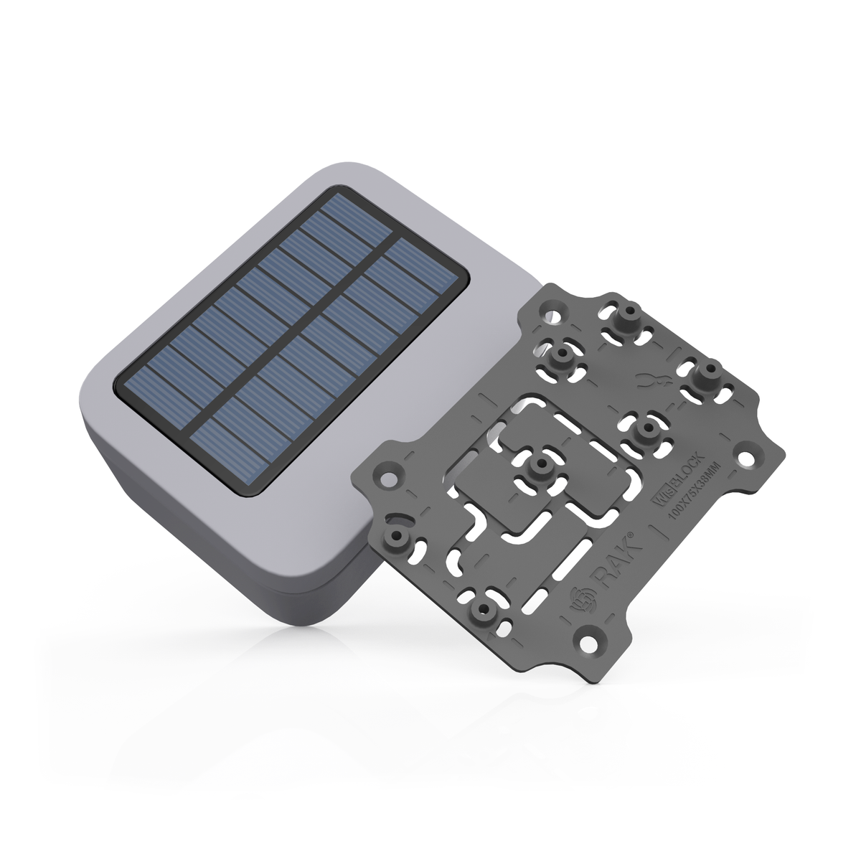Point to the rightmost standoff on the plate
tap(710, 374)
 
